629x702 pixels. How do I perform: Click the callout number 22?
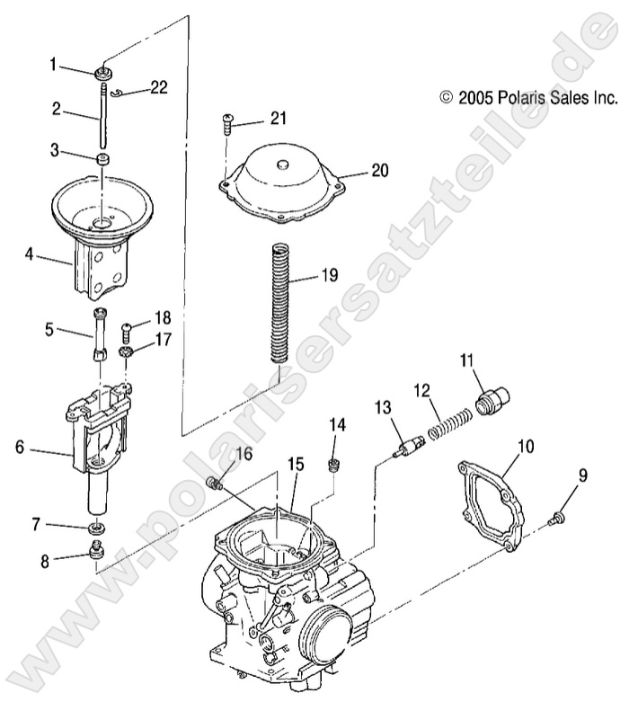[158, 87]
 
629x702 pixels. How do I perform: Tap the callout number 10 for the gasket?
[525, 445]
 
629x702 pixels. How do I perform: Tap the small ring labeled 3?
[104, 159]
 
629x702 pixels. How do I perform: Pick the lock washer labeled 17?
[128, 348]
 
